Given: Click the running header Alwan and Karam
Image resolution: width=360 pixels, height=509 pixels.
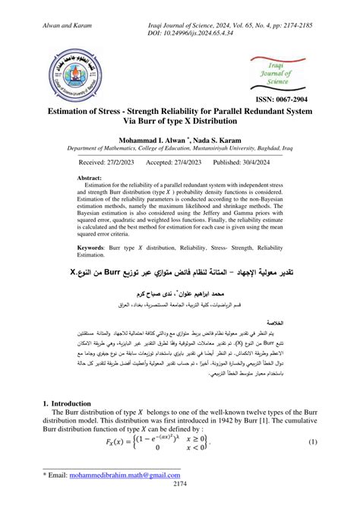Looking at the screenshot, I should pyautogui.click(x=39, y=7).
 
